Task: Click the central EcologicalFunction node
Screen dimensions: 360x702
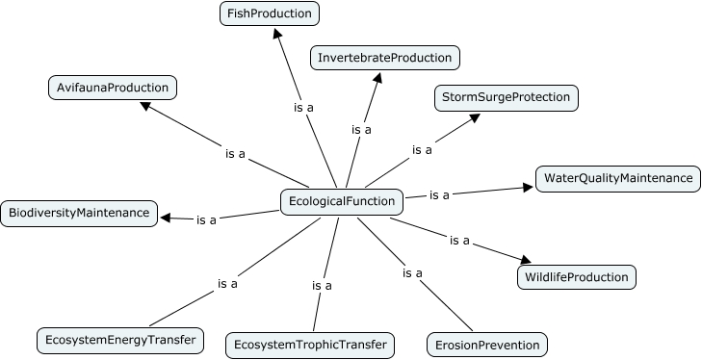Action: click(341, 201)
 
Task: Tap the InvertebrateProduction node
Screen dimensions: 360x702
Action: click(385, 58)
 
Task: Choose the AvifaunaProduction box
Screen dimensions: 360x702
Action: click(113, 88)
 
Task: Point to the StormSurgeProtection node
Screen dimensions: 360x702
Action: click(507, 97)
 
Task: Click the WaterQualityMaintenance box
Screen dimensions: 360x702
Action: click(616, 179)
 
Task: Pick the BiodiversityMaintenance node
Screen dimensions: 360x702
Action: click(78, 213)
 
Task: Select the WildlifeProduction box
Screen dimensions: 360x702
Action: click(576, 278)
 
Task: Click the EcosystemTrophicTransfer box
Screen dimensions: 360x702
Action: click(309, 344)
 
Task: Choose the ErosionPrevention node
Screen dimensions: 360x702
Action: click(487, 344)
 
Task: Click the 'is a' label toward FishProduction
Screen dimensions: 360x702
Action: click(303, 108)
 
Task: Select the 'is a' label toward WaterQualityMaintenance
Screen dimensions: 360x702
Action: click(439, 194)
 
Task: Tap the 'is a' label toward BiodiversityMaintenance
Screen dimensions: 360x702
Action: click(206, 219)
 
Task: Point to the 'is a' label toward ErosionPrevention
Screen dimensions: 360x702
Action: click(412, 273)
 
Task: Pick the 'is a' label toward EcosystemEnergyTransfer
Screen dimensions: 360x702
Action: click(227, 283)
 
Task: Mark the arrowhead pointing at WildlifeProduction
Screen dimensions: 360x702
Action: click(524, 259)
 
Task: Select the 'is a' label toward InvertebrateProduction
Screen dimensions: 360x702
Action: click(361, 129)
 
